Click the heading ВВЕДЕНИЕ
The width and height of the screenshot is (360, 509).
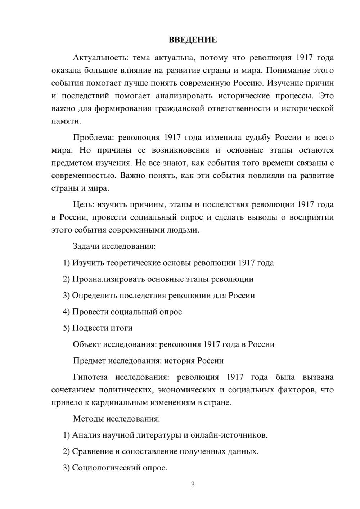click(193, 40)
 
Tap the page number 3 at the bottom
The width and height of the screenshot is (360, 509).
click(193, 485)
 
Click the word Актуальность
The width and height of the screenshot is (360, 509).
click(100, 58)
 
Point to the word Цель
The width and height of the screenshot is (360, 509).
click(83, 204)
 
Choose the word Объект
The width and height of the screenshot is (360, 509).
click(87, 344)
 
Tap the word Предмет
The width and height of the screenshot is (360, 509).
click(89, 361)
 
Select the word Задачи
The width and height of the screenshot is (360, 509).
click(86, 246)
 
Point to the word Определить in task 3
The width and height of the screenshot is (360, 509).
click(94, 296)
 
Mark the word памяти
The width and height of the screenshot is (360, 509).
click(66, 121)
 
